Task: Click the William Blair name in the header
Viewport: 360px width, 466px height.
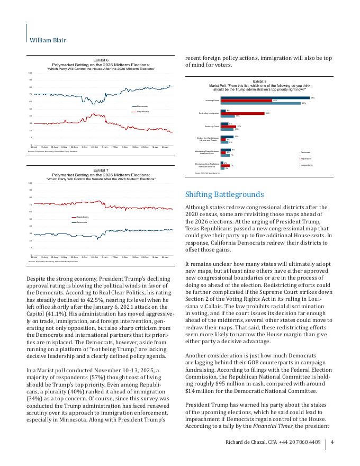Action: (x=48, y=40)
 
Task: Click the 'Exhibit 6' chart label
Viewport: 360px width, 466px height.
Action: (x=101, y=60)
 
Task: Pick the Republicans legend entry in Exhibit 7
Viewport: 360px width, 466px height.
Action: (x=82, y=217)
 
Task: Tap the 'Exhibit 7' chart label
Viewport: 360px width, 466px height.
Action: (x=101, y=170)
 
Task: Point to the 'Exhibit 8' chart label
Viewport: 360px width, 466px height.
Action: (x=259, y=81)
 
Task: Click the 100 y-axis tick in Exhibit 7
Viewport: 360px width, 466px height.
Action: (x=30, y=183)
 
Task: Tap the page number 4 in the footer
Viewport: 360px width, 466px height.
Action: (x=332, y=443)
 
